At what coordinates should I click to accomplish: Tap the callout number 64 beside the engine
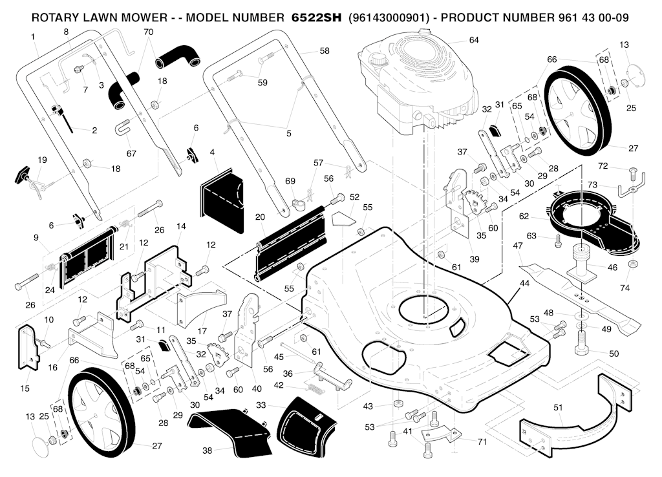474,40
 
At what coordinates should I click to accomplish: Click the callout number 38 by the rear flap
208,450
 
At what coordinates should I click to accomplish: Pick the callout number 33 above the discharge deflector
261,405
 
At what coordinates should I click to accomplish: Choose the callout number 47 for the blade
518,246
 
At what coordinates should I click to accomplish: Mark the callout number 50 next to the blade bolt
614,353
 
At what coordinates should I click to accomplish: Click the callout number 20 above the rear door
260,217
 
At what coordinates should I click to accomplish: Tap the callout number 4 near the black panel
212,153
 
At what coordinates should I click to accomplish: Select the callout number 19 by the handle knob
42,160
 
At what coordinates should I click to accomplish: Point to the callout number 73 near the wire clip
592,185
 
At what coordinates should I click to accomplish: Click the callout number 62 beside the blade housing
524,215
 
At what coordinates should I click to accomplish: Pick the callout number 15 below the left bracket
25,388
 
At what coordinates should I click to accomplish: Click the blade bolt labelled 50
581,343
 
